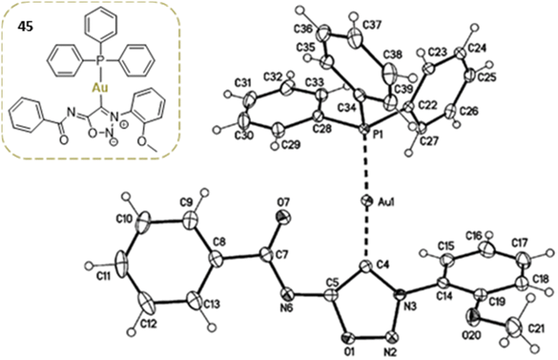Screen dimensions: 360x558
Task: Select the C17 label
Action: point(531,243)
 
